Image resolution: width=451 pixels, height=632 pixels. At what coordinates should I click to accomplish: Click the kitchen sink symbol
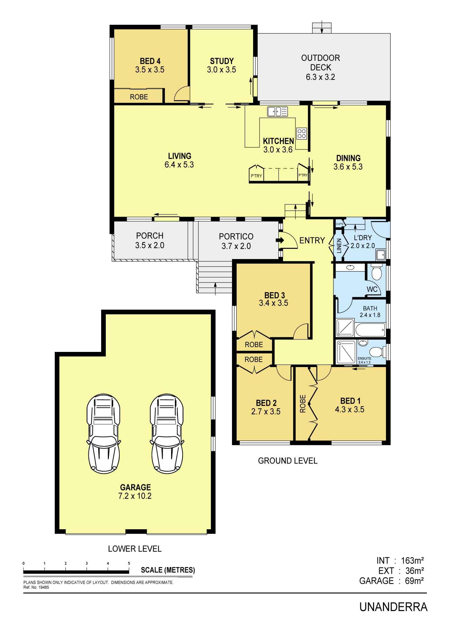point(277,111)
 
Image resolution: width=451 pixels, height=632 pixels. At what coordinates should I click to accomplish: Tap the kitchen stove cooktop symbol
point(302,133)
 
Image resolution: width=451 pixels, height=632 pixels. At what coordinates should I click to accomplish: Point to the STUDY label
point(222,61)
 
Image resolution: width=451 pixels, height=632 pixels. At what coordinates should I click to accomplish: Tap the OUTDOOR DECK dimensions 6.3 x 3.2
point(320,77)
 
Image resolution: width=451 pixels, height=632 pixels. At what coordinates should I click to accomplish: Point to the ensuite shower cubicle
point(346,352)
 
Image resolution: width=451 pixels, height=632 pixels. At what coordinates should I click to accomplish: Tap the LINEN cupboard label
point(339,246)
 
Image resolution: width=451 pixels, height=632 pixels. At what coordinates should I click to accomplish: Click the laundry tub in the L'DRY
point(380,254)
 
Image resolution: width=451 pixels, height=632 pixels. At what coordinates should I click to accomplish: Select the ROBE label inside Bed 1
point(303,404)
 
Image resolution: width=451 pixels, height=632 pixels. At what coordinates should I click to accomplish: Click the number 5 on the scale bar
point(129,563)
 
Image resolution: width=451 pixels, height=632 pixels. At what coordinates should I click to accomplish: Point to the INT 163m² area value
point(412,561)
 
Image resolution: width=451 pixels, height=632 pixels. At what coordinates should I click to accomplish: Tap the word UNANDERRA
point(393,607)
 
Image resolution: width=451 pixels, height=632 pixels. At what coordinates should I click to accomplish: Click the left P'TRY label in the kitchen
point(256,176)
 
